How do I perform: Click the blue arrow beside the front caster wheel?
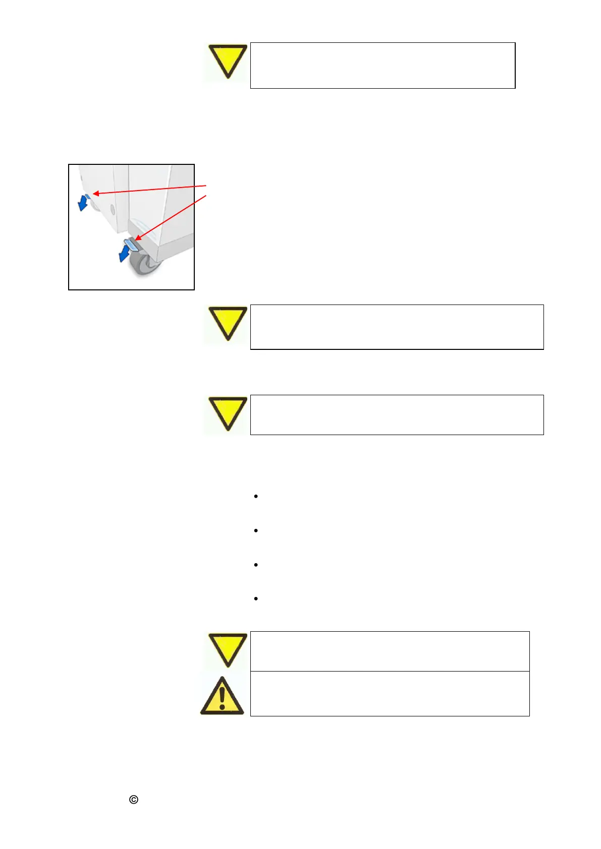(x=124, y=253)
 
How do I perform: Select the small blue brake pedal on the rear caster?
(x=87, y=196)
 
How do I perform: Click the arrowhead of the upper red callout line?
(x=95, y=193)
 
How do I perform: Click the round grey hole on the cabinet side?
(x=112, y=209)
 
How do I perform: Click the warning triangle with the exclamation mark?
(x=222, y=697)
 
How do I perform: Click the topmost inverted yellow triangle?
(x=228, y=60)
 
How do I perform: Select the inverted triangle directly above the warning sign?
(x=228, y=649)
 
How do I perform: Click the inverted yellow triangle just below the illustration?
(x=228, y=322)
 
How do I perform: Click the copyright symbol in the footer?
(x=134, y=800)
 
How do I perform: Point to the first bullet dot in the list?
(x=256, y=497)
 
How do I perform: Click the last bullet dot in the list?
(x=256, y=598)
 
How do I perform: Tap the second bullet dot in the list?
(x=256, y=530)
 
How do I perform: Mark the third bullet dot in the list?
(x=256, y=565)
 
